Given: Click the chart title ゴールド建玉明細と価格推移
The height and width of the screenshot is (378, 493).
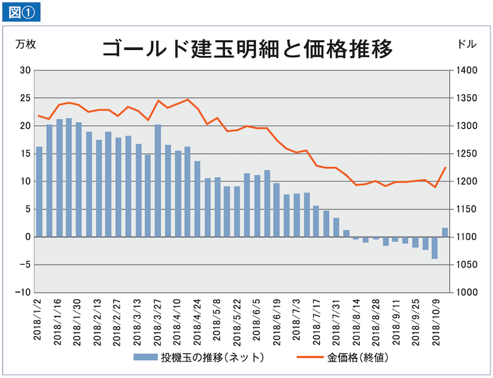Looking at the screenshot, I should tap(246, 49).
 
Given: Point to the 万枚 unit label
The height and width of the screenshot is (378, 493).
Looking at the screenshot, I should tap(26, 45).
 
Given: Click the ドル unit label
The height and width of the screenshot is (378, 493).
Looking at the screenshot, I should tap(467, 45).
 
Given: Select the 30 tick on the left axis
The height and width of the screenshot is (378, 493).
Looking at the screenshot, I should tap(25, 70).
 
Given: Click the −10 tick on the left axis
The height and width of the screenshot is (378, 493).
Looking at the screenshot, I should tap(23, 292).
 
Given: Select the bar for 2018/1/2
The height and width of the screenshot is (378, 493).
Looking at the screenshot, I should tap(39, 192).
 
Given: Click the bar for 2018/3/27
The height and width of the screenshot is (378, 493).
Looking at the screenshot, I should tap(158, 181).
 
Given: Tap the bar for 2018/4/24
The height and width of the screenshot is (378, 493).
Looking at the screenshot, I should tap(197, 199).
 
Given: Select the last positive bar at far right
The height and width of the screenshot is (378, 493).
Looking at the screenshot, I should tap(444, 232).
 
